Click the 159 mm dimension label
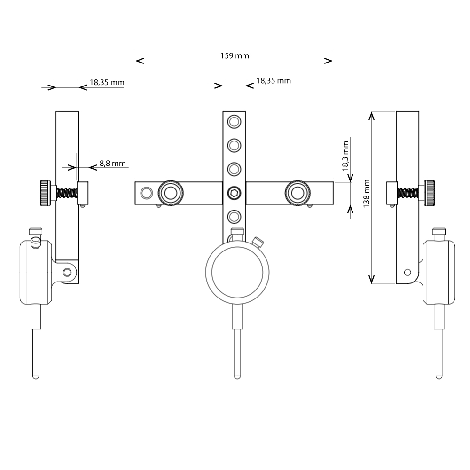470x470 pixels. tap(235, 55)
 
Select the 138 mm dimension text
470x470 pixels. tap(367, 193)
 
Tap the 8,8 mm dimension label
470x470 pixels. tap(112, 164)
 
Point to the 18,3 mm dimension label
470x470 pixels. tap(346, 156)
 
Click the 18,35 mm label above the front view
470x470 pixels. tap(273, 81)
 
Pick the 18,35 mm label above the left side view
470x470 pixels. tap(107, 82)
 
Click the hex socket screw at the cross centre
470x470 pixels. tap(234, 192)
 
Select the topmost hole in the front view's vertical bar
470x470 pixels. tap(234, 122)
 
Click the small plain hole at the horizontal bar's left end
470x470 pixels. tap(147, 192)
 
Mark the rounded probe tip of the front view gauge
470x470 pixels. tap(237, 376)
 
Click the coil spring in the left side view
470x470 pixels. tap(66, 193)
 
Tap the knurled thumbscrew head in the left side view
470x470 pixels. tap(45, 193)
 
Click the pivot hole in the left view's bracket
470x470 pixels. tap(68, 272)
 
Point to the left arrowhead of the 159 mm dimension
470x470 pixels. tap(137, 61)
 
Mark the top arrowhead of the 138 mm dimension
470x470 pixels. tap(372, 114)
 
